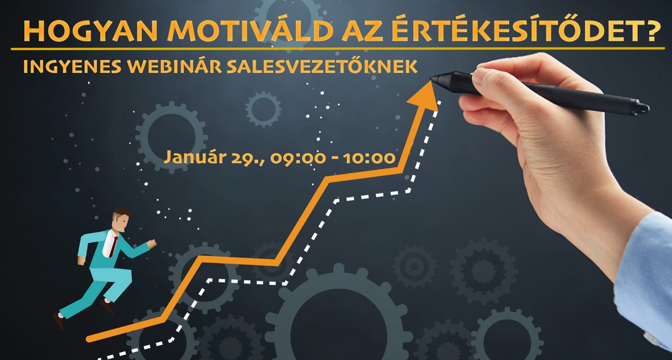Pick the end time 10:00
click(369, 158)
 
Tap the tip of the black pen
click(431, 79)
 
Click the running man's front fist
click(151, 243)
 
